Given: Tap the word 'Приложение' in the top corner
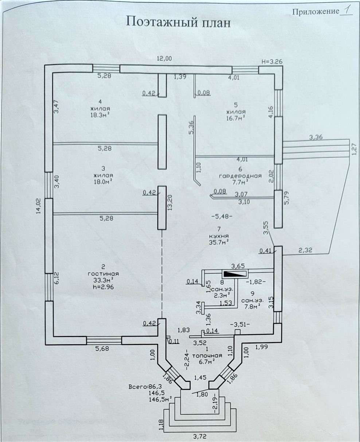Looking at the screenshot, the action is click(x=316, y=12).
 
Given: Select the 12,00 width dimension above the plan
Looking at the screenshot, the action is click(x=164, y=58).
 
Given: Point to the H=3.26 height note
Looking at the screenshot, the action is click(x=272, y=62).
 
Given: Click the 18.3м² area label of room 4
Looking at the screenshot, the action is click(x=100, y=115).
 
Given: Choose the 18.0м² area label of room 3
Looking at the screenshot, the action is click(x=104, y=181).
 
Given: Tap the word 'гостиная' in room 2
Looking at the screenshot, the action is click(x=103, y=274).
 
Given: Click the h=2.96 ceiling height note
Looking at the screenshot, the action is click(x=103, y=287).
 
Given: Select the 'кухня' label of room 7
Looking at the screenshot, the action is click(x=219, y=236).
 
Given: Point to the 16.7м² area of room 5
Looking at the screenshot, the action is click(x=236, y=118).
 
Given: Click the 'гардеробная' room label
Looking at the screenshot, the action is click(x=240, y=176).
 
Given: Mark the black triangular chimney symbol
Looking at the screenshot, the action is click(x=235, y=274).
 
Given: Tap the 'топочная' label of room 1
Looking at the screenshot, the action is click(x=207, y=356).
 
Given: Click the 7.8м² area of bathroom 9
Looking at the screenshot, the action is click(x=253, y=307).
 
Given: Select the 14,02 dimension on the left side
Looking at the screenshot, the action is click(x=39, y=206).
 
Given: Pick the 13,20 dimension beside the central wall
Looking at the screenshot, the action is click(x=170, y=202).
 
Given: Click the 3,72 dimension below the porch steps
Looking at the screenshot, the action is click(x=200, y=436).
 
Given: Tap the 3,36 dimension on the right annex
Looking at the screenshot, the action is click(x=316, y=137).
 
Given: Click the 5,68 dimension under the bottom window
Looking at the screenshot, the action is click(x=102, y=349).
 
